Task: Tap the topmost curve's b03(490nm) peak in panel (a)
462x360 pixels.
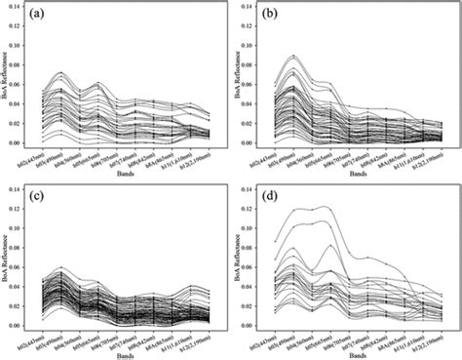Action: [x=59, y=72]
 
